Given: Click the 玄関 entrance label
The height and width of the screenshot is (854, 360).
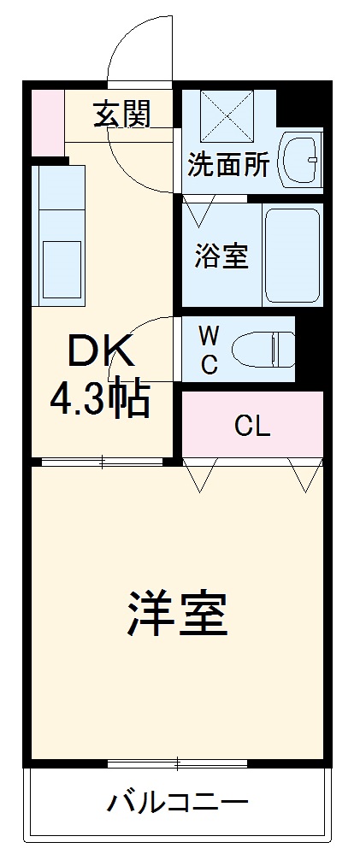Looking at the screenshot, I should click(122, 113).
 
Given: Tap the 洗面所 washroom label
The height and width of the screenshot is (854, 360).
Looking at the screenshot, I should click(228, 165).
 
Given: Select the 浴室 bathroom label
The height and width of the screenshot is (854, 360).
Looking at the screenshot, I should click(221, 256).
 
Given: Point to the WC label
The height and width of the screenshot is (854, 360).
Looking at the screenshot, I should click(209, 348).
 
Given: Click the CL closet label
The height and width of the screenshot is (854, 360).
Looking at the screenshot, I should click(252, 426).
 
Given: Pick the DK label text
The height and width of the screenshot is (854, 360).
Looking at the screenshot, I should click(100, 350).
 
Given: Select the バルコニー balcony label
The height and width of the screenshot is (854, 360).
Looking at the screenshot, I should click(178, 803).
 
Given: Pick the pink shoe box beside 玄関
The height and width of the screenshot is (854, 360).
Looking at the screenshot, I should click(47, 120).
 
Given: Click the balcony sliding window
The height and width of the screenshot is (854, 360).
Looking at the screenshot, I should click(178, 761).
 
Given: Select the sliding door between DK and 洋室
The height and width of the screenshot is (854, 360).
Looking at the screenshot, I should click(103, 462).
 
